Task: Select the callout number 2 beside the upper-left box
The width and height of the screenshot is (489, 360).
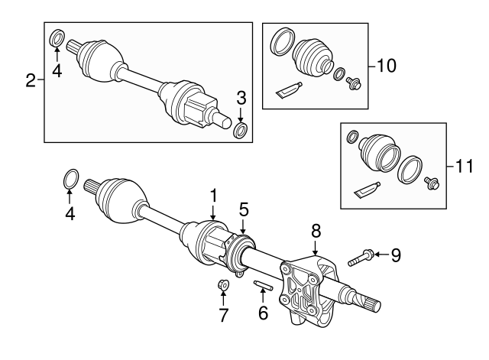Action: point(31,80)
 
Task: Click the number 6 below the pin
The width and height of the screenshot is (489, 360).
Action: point(263,312)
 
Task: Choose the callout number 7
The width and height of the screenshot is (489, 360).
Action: point(224,314)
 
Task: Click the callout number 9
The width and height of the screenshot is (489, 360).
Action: point(395,255)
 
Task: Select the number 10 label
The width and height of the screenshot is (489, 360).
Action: point(387,66)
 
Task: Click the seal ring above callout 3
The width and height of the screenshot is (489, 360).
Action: point(240,132)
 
